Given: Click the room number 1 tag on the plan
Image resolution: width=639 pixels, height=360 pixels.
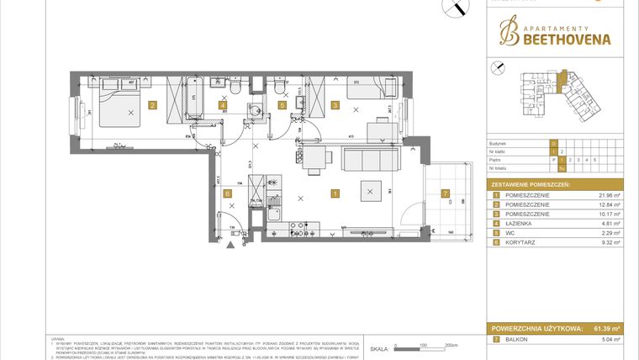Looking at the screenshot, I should (x=335, y=193).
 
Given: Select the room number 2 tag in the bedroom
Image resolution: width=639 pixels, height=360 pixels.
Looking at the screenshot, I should (x=152, y=105).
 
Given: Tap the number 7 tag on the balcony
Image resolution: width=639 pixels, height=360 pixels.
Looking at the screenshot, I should (x=445, y=193).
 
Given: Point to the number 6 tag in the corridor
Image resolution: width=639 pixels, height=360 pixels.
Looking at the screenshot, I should (x=227, y=193).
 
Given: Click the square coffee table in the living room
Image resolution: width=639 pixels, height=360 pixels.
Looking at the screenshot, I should (x=371, y=192).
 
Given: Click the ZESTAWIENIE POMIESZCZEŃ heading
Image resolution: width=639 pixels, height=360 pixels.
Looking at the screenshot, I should (x=531, y=183).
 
